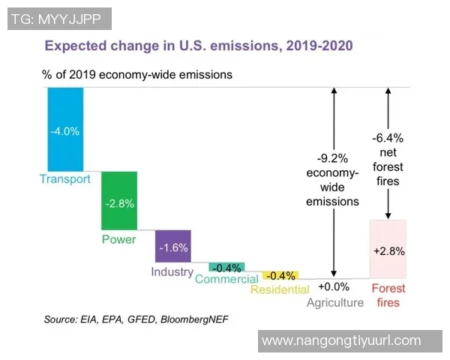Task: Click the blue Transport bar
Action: tap(64, 130)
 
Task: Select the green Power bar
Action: tap(119, 200)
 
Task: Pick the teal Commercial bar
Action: tap(226, 267)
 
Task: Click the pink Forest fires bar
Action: tap(388, 249)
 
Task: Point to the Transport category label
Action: tap(64, 179)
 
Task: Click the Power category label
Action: tap(119, 239)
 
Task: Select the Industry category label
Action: tap(172, 271)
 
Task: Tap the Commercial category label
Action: tap(226, 280)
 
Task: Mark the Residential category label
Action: tap(280, 289)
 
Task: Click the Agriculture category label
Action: tap(334, 303)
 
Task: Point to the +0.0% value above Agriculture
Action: tap(334, 286)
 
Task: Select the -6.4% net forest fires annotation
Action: tap(388, 159)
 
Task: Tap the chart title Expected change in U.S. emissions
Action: tap(199, 46)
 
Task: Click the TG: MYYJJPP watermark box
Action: tap(59, 19)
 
